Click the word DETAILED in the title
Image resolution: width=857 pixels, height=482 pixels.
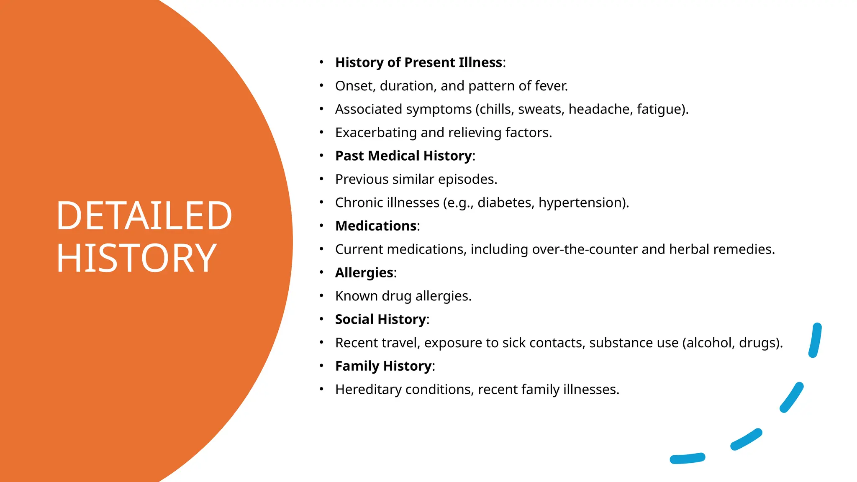coord(144,216)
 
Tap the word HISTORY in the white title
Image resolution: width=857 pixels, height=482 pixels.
coord(136,259)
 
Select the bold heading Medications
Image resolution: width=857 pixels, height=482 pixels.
coord(376,226)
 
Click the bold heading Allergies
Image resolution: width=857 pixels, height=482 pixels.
coord(364,273)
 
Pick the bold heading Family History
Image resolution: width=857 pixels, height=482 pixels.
coord(383,366)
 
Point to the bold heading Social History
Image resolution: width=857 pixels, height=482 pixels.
coord(380,319)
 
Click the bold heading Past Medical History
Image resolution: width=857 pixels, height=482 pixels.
coord(403,156)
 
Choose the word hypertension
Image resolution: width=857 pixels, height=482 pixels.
coord(581,203)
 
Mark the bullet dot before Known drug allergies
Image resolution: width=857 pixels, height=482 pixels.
coord(321,296)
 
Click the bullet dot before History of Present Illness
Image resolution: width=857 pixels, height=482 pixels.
coord(321,62)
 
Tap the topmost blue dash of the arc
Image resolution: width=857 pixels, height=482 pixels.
coord(815,340)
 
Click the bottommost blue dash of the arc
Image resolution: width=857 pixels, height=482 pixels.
coord(688,459)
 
